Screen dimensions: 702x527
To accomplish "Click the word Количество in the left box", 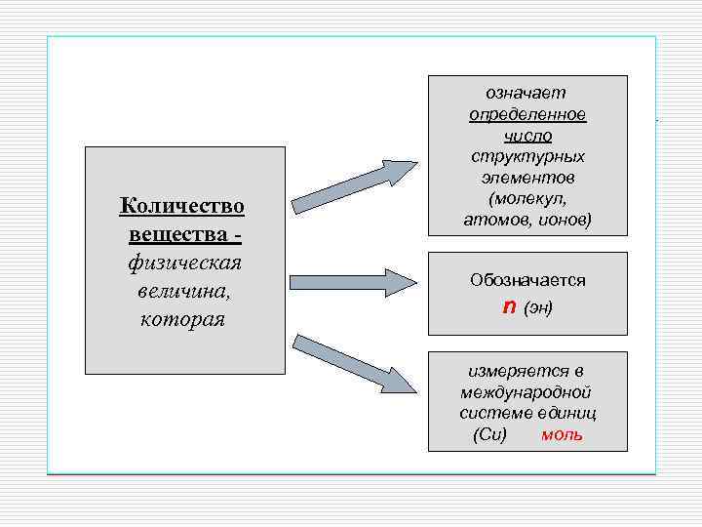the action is coord(181,206).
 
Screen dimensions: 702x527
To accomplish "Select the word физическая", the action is coord(184,263).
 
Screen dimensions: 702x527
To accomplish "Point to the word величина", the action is coord(183,292).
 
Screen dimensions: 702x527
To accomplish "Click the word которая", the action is coord(183,320).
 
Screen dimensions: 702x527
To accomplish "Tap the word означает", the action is coord(526,93).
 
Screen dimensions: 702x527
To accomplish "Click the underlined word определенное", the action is coord(527,114).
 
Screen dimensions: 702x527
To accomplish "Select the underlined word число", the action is coord(527,136).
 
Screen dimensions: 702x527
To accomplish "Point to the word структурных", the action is coord(527,157).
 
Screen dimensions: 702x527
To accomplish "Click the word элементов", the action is coord(527,179).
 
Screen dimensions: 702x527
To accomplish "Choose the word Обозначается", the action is coord(527,280).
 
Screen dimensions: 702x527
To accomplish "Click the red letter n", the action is coord(508,307).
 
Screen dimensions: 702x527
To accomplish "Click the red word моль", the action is coord(563,434).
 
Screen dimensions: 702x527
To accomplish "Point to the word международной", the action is coord(527,392).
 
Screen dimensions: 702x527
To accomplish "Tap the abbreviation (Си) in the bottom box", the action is coord(489,434).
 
